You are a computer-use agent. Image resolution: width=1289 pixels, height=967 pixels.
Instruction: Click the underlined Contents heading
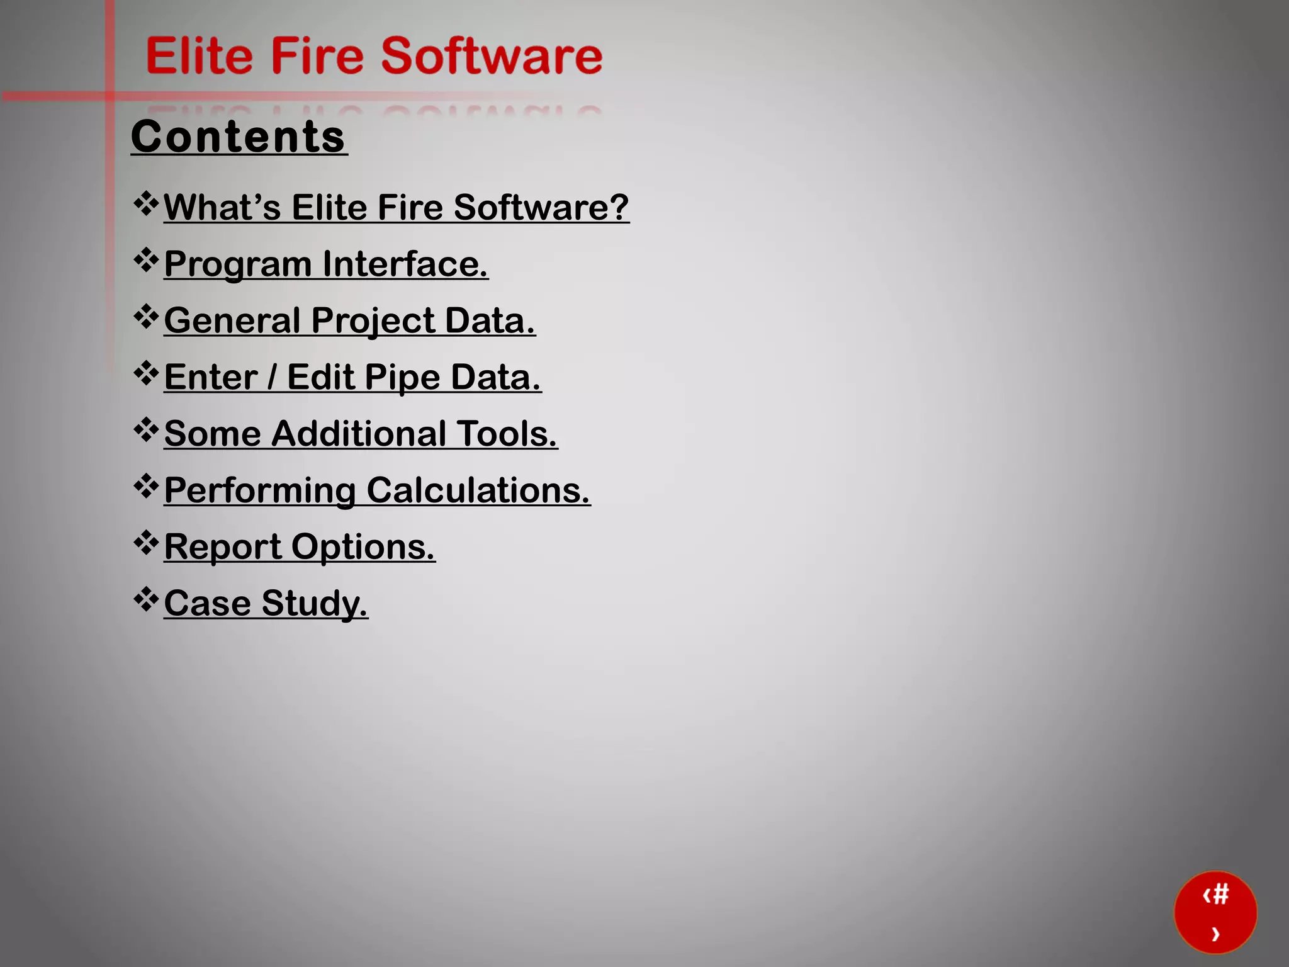(x=239, y=137)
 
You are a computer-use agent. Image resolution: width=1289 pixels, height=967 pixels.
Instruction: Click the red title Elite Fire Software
(x=374, y=56)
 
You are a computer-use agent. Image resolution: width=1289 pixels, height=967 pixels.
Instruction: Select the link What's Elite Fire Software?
(x=396, y=207)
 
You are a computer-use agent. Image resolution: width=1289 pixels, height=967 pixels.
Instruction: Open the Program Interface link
(x=325, y=264)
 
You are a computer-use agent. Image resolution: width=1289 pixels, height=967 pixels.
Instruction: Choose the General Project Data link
(x=349, y=320)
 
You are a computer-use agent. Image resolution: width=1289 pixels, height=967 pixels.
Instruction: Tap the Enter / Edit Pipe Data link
(x=352, y=377)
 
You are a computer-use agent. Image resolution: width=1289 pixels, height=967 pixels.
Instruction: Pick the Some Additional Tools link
(x=361, y=434)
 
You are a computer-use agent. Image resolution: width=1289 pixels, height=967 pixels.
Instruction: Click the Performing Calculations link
(x=377, y=490)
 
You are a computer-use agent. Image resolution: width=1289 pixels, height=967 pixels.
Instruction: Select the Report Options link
(x=300, y=546)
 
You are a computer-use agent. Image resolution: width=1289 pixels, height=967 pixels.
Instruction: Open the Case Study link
(x=266, y=603)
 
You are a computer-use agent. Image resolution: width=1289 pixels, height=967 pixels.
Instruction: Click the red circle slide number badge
(x=1215, y=912)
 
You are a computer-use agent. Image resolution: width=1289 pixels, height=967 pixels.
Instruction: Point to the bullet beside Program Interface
(x=146, y=261)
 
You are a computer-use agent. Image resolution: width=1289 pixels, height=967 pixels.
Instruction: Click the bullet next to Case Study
(x=146, y=599)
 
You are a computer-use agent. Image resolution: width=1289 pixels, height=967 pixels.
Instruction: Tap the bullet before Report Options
(x=146, y=543)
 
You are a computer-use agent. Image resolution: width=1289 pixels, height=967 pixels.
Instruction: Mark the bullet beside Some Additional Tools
(x=146, y=430)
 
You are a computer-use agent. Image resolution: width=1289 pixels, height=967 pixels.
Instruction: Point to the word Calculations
(x=478, y=490)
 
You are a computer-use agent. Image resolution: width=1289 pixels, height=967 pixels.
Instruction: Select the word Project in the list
(x=373, y=321)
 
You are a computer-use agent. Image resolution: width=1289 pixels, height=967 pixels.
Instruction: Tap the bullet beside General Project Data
(x=146, y=317)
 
